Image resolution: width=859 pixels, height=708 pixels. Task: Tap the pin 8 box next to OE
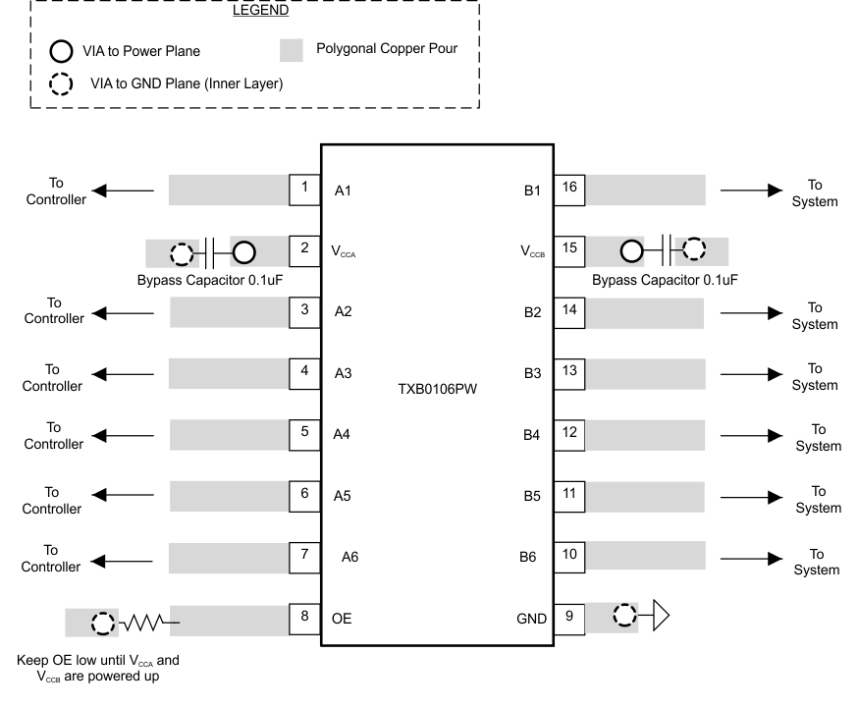coord(304,618)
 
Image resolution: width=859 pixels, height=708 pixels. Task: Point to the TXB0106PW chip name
coord(437,387)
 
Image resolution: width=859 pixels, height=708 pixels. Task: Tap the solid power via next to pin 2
coord(243,251)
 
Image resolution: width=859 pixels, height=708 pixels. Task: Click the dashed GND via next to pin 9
coord(622,618)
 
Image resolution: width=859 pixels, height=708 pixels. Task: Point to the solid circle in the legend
coord(60,51)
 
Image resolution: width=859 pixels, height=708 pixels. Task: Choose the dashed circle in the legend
coord(60,83)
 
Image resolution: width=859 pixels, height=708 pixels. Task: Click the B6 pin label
coord(528,558)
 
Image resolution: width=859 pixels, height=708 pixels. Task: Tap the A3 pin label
coord(343,373)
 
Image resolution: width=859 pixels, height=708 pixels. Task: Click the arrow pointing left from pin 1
coord(123,191)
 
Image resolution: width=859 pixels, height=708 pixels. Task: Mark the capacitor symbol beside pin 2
coord(210,251)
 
